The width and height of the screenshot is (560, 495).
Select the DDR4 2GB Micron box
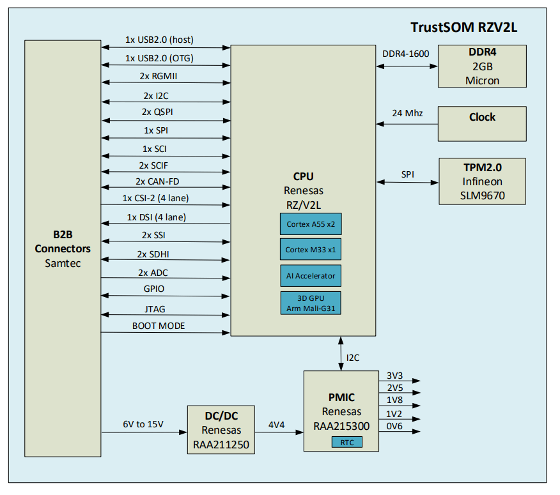482,66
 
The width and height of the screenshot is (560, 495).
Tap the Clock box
482,123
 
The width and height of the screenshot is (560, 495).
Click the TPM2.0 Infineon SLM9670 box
482,181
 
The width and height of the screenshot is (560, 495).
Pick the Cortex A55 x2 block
310,224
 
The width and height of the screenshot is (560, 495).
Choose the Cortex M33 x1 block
310,249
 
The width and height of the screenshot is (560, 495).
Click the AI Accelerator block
310,275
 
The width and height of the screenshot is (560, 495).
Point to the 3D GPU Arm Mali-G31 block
310,303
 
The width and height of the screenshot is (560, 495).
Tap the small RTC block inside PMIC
346,442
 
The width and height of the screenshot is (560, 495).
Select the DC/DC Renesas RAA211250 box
221,429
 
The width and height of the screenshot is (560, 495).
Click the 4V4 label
277,425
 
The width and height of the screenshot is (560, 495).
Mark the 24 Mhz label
407,113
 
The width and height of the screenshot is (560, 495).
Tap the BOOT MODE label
159,326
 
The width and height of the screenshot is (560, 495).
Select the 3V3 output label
394,376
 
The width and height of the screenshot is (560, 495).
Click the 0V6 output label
394,426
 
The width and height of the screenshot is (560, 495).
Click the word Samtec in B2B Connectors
63,263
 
